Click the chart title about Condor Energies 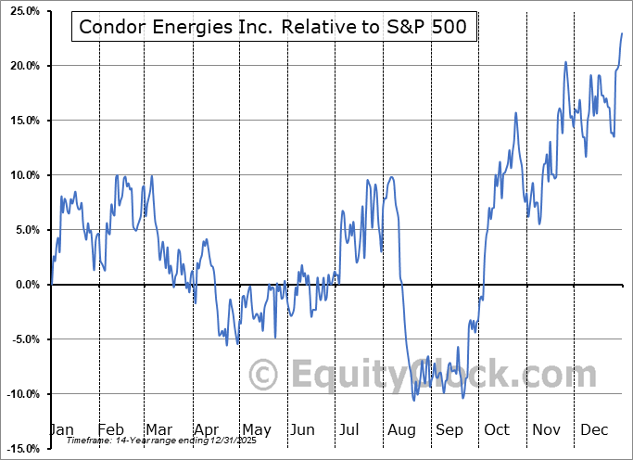(x=274, y=27)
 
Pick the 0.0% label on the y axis (x=23, y=285)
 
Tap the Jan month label (x=61, y=430)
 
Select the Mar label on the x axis (x=159, y=430)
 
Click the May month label (x=256, y=430)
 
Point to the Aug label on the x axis (x=401, y=430)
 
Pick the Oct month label (x=497, y=430)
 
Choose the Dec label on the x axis (x=593, y=430)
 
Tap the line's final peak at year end (x=621, y=33)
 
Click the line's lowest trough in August (x=414, y=400)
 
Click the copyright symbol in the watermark (x=264, y=376)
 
